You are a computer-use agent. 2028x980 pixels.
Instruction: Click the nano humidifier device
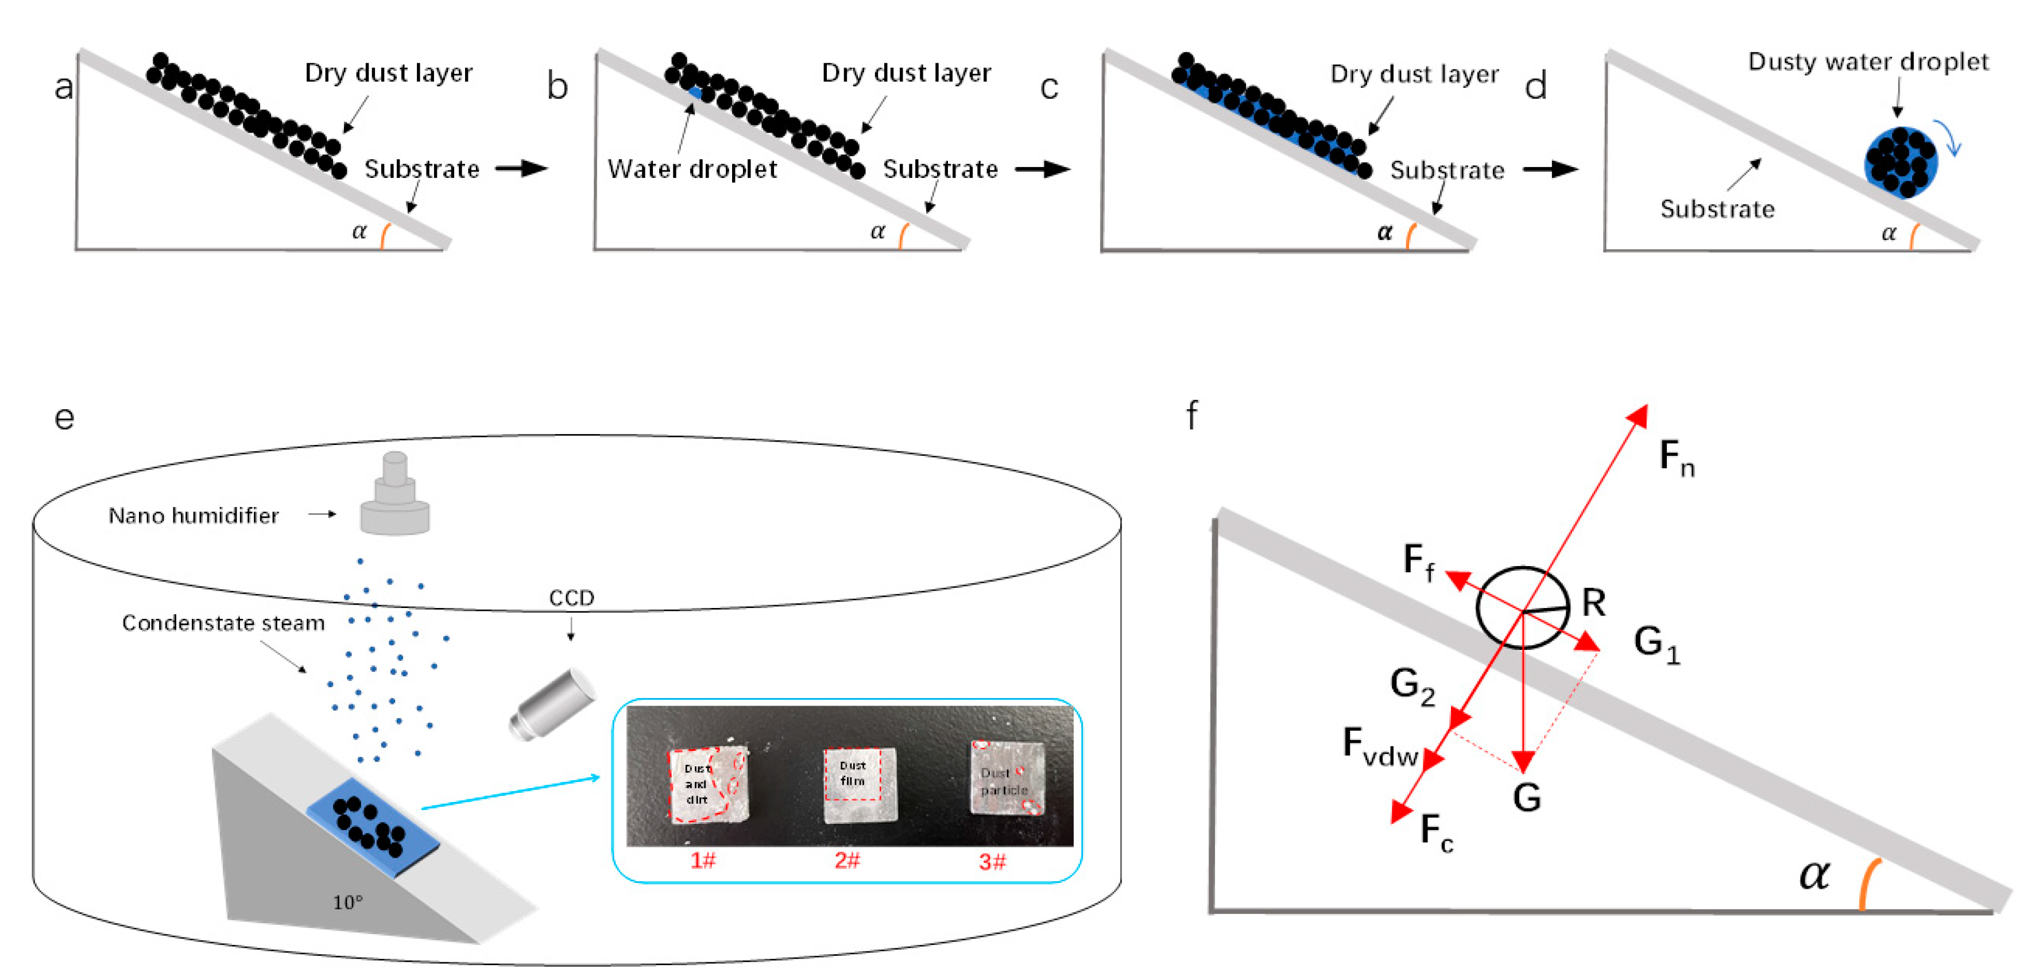394,496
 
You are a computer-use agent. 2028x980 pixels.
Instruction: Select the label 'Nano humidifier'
193,516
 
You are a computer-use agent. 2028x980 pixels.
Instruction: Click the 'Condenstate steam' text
223,623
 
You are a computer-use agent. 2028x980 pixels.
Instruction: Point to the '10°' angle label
347,902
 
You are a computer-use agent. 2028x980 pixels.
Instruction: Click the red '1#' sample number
702,861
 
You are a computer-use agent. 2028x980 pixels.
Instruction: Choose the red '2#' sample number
847,861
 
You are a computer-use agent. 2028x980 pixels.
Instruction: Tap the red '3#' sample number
992,862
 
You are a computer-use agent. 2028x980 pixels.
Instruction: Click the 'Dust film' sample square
859,784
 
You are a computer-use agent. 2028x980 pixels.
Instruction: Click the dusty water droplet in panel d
1901,162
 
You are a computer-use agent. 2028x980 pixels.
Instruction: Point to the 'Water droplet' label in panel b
692,169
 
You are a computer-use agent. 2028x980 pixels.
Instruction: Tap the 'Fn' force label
1676,458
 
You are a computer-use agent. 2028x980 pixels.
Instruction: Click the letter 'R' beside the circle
1593,602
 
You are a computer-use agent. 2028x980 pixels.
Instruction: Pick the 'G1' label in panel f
1657,644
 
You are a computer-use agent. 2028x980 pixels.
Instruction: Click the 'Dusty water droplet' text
1867,61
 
